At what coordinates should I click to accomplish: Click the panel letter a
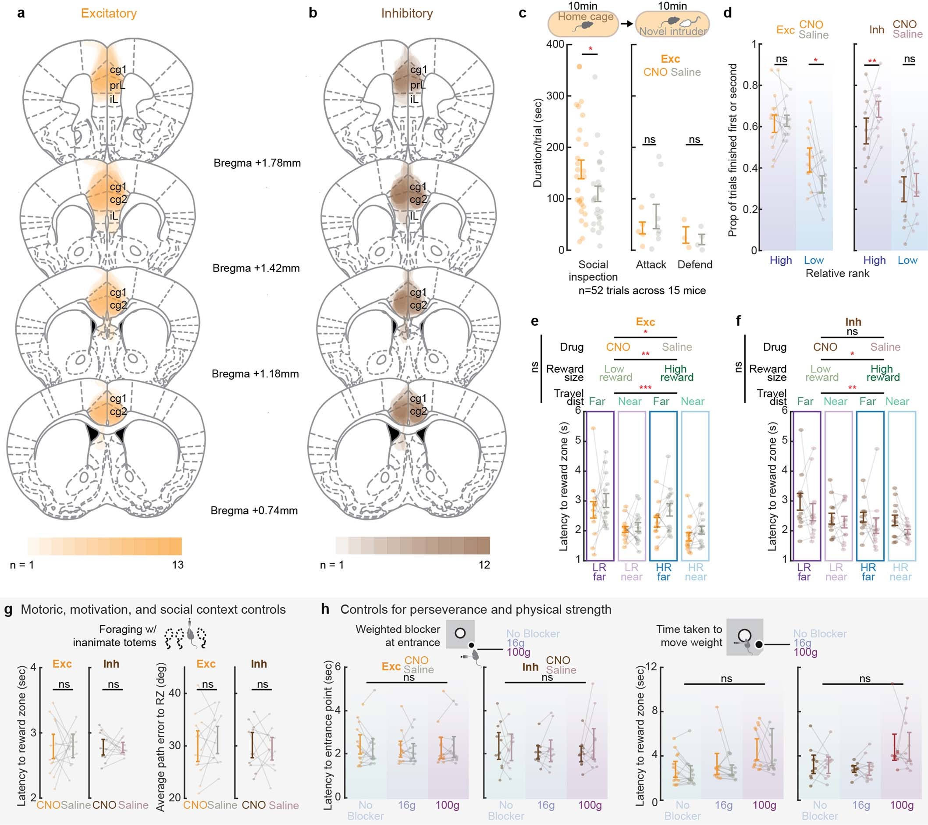[21, 13]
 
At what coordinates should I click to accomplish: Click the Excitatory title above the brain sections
[109, 13]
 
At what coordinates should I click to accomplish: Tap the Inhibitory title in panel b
[407, 13]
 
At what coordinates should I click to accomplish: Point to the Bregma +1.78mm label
[257, 163]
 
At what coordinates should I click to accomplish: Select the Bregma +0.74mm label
[254, 510]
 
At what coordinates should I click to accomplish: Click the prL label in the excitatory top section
[117, 85]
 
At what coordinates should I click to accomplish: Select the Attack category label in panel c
[651, 265]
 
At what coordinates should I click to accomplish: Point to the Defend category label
[695, 265]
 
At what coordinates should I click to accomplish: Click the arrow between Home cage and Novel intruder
[626, 24]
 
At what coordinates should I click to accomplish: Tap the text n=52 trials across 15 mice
[642, 291]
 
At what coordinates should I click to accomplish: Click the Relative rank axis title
[837, 274]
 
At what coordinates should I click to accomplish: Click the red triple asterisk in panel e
[645, 388]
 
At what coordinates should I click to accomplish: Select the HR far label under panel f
[868, 572]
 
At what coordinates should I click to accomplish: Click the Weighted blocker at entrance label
[398, 636]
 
